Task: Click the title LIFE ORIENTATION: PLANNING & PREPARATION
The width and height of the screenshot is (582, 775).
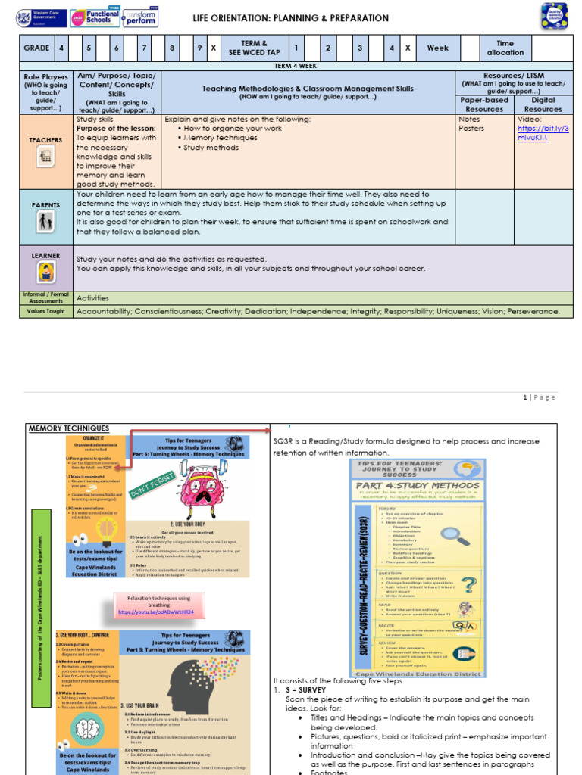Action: [x=291, y=18]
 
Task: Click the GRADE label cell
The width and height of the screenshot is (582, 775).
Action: [x=36, y=48]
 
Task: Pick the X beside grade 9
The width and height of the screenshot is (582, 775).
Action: [x=214, y=48]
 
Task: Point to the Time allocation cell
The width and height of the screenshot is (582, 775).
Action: [x=505, y=48]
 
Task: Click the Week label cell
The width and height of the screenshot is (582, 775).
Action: [x=437, y=48]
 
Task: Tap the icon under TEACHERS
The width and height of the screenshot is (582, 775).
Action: [x=45, y=157]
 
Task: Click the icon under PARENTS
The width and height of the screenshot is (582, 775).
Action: [x=45, y=222]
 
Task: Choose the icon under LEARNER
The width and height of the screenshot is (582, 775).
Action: [x=45, y=272]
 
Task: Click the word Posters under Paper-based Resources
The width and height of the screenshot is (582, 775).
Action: [x=471, y=129]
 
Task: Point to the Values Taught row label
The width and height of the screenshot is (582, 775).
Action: [x=46, y=311]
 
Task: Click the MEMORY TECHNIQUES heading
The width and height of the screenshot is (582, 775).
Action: [x=59, y=428]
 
